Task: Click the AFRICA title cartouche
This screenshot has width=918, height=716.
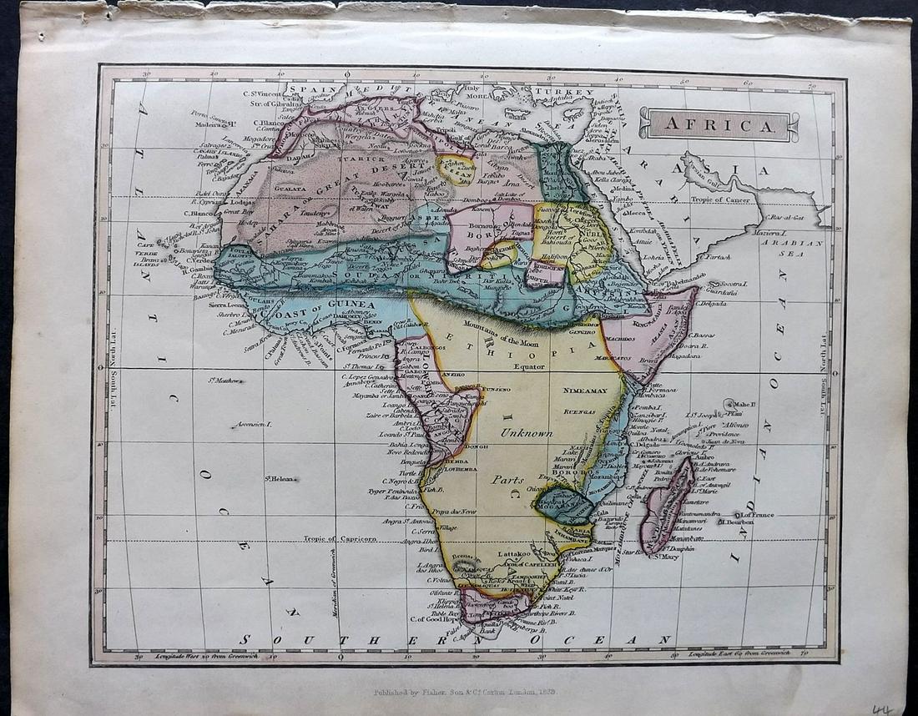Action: (x=719, y=125)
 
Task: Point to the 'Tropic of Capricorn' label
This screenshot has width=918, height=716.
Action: (x=340, y=538)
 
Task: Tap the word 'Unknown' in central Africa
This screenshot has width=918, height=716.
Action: (x=526, y=433)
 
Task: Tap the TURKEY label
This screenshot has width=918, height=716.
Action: (x=564, y=91)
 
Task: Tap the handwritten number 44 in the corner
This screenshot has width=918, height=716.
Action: (x=881, y=708)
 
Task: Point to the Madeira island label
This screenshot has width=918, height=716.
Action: (x=204, y=124)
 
